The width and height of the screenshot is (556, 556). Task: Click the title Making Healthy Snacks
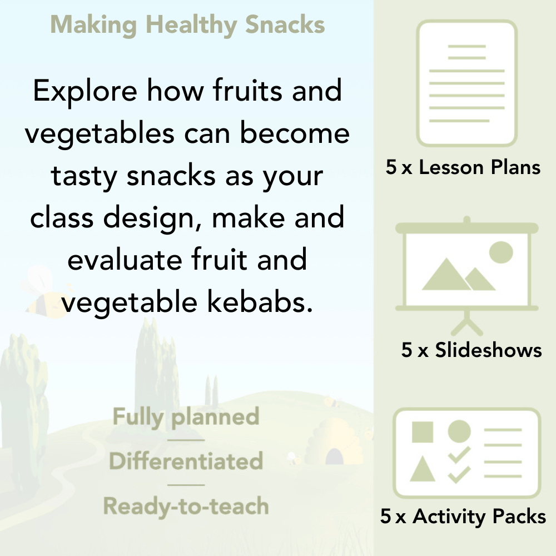point(187,25)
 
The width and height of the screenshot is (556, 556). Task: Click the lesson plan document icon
point(467,83)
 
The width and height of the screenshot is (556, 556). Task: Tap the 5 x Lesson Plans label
point(463,167)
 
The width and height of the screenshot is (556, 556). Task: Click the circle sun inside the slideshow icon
point(500,252)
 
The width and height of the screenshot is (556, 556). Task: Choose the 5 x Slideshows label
point(471,350)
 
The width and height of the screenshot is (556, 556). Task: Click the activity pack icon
point(467,453)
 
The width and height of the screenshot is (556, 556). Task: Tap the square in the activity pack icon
point(423,432)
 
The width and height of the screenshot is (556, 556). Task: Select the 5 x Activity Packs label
point(463,517)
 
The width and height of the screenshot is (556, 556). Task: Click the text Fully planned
point(186,417)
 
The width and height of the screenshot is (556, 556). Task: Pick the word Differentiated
point(186,461)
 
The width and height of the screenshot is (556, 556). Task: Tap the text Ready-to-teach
point(186,507)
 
